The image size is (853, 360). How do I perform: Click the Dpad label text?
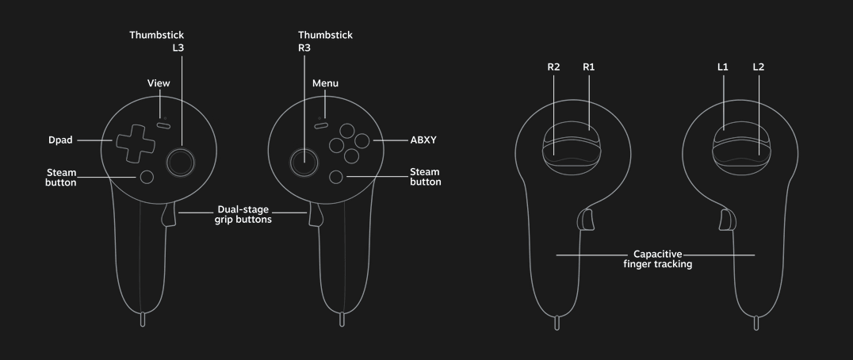pos(60,140)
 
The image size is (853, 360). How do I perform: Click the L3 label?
pos(178,48)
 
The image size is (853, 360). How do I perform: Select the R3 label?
pos(304,48)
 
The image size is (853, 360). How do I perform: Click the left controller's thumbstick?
pos(181,162)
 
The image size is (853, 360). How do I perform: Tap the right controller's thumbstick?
pos(304,162)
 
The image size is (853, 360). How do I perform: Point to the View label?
pos(159,83)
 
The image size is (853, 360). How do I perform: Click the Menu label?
pos(325,83)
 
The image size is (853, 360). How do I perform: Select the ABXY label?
pos(423,140)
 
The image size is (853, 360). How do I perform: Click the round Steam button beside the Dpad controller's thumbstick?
pos(147,177)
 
